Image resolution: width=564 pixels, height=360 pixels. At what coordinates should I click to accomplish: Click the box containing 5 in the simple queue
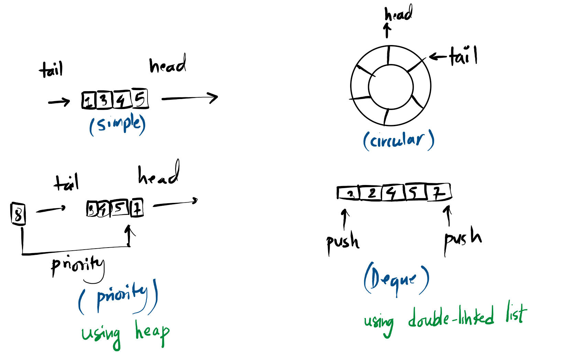click(140, 99)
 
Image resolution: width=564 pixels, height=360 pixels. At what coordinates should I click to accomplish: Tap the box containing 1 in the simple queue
click(89, 101)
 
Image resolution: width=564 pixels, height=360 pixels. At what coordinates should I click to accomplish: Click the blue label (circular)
click(399, 140)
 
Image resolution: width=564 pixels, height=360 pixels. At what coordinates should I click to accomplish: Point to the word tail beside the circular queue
click(463, 56)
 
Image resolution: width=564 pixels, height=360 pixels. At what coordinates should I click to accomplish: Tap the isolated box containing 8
click(18, 214)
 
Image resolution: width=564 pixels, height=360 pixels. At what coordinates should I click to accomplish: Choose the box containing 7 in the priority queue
click(137, 208)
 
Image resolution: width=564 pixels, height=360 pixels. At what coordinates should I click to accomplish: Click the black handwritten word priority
click(77, 265)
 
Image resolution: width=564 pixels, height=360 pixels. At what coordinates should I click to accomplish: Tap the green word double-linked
click(451, 317)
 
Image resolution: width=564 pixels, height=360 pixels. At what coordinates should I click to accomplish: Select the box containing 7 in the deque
click(439, 193)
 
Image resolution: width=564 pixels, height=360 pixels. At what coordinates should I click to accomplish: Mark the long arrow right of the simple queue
click(189, 98)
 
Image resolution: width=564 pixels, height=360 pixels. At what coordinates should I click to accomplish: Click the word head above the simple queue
click(167, 64)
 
